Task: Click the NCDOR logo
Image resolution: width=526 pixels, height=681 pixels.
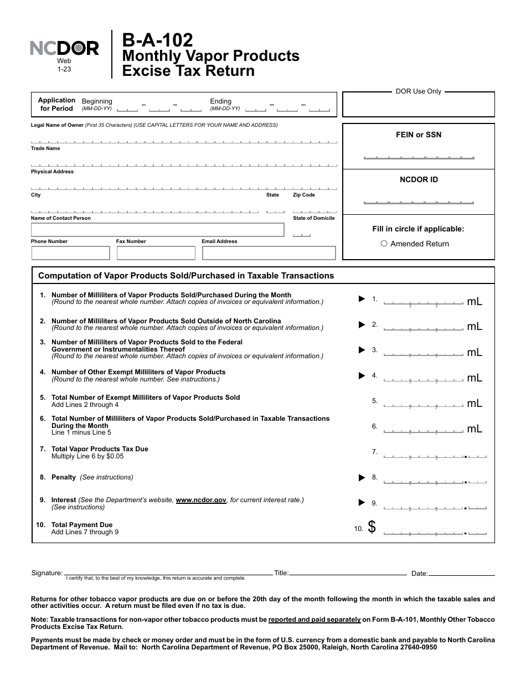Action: point(64,49)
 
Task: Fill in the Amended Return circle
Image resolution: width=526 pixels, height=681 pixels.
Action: point(384,244)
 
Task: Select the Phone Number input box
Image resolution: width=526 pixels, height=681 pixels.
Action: point(71,253)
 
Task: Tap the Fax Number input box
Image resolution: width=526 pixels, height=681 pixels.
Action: point(156,253)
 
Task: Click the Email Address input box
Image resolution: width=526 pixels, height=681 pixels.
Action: point(269,253)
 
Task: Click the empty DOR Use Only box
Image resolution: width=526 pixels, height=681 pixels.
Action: point(419,105)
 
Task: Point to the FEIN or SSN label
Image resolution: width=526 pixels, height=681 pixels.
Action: point(419,135)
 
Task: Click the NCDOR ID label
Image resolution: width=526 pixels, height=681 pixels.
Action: point(419,179)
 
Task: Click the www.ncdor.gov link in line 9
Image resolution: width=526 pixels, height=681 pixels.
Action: point(201,500)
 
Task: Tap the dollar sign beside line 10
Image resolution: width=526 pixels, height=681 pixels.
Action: point(372,528)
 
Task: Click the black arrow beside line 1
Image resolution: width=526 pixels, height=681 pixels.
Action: point(362,299)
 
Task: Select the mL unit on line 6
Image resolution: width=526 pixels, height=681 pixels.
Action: point(475,429)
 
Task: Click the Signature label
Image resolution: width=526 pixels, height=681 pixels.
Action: point(47,573)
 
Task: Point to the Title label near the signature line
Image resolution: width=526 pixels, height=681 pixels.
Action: point(281,573)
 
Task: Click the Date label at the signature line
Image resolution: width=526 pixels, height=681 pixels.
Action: point(419,574)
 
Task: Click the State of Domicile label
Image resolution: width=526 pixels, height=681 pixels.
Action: point(313,218)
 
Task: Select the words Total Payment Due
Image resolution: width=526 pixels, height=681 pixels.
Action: point(82,525)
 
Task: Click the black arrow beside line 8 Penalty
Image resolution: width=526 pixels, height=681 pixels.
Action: point(362,477)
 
